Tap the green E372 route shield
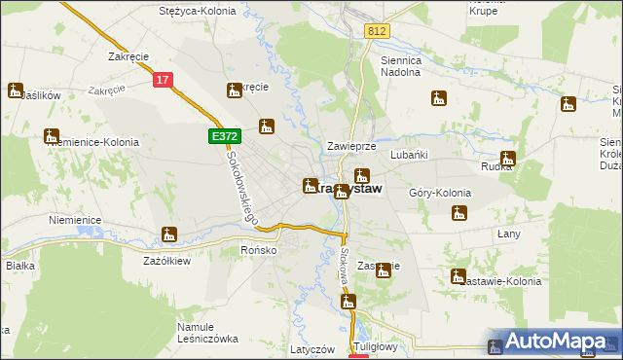click(x=220, y=138)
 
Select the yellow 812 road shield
click(x=378, y=32)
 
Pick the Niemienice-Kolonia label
click(x=92, y=142)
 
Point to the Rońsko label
click(x=259, y=250)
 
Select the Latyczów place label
click(x=312, y=348)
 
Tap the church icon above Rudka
click(x=507, y=159)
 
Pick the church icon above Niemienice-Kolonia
click(x=53, y=136)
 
